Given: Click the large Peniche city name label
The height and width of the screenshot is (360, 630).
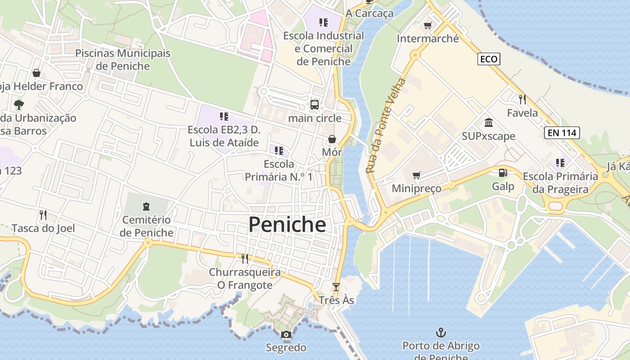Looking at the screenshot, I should [287, 224].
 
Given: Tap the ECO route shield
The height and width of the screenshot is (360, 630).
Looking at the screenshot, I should [489, 59].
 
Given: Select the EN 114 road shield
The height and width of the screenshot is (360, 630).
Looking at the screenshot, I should [562, 133].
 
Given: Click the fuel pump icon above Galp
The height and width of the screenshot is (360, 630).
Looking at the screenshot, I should [503, 172].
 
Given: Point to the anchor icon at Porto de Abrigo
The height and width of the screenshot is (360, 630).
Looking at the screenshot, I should [441, 333].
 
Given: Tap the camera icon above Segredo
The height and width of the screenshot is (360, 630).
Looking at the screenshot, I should [286, 335].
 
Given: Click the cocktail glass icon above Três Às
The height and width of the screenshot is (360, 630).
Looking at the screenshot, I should [336, 287].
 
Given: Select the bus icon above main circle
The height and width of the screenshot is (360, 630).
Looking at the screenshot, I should [315, 105].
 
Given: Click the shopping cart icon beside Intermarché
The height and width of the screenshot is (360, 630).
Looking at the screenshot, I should [427, 26].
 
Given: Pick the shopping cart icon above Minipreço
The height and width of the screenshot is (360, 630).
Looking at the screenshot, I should [416, 175].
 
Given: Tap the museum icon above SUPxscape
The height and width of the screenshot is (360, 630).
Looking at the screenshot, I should [488, 122].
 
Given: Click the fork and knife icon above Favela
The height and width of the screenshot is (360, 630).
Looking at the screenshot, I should [522, 99].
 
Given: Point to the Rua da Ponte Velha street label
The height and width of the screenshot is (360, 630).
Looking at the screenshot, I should [386, 126].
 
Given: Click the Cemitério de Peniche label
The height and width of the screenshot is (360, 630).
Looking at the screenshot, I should [147, 226].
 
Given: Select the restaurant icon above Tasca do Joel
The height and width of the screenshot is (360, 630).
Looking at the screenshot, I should [43, 215].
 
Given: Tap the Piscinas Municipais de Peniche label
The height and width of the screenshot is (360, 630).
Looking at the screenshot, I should [122, 59].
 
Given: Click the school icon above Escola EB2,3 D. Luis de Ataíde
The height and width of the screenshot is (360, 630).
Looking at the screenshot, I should [224, 117].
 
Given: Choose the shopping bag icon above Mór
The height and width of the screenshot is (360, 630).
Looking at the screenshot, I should [332, 139].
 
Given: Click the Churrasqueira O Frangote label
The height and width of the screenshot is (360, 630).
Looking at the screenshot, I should [244, 279].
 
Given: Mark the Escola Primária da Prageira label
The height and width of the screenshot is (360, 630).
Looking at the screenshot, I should [560, 183].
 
